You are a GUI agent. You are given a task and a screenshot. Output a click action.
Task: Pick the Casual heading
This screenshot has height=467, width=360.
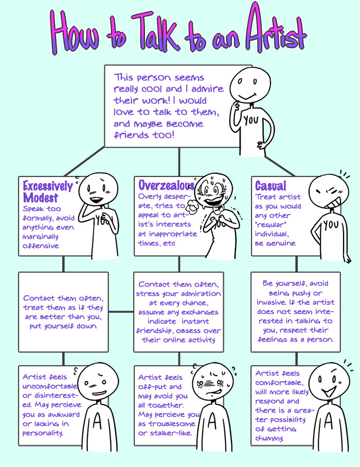click(271, 186)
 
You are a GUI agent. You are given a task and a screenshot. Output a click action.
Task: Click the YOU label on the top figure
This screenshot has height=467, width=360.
click(250, 120)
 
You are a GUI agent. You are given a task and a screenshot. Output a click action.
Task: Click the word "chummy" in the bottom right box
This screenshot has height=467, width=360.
click(271, 439)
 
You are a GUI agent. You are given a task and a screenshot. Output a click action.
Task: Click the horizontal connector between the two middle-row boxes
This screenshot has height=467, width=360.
click(121, 312)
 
